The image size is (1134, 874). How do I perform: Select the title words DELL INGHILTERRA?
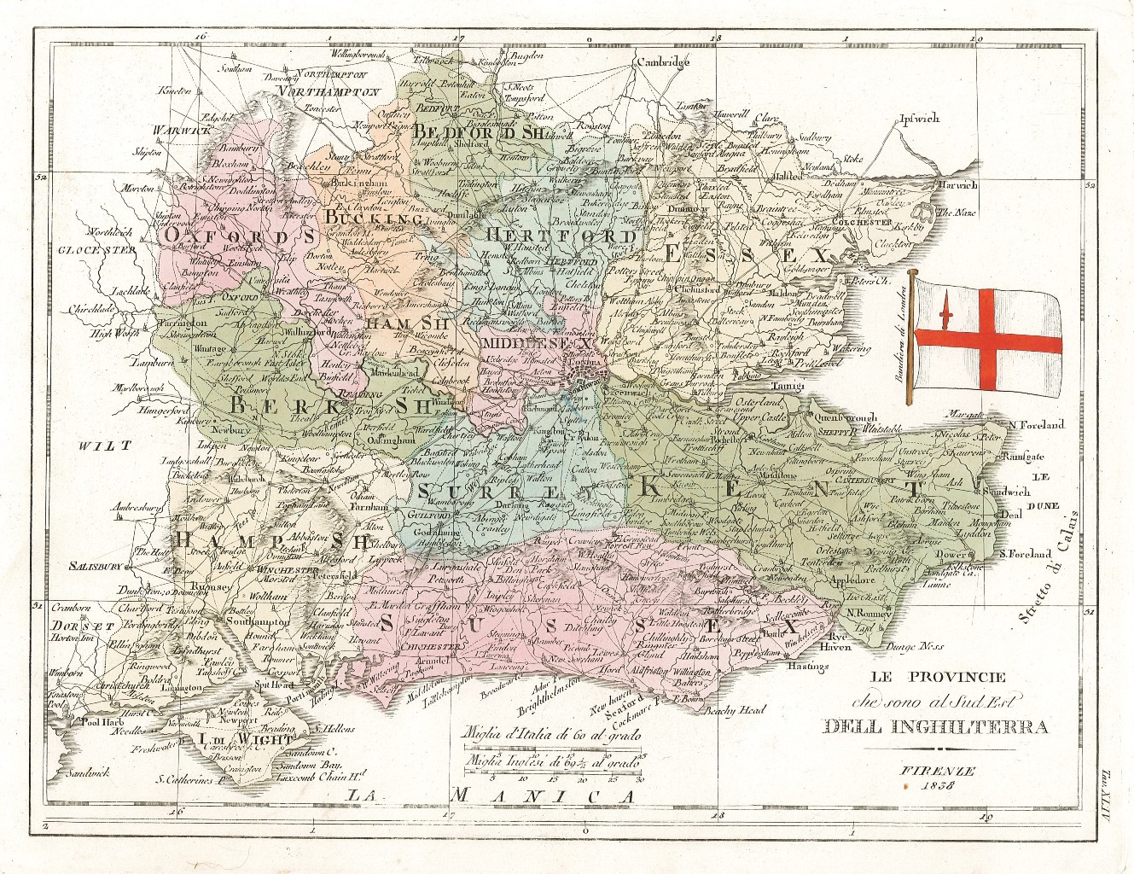(936, 727)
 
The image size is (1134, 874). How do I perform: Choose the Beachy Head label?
(736, 710)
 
